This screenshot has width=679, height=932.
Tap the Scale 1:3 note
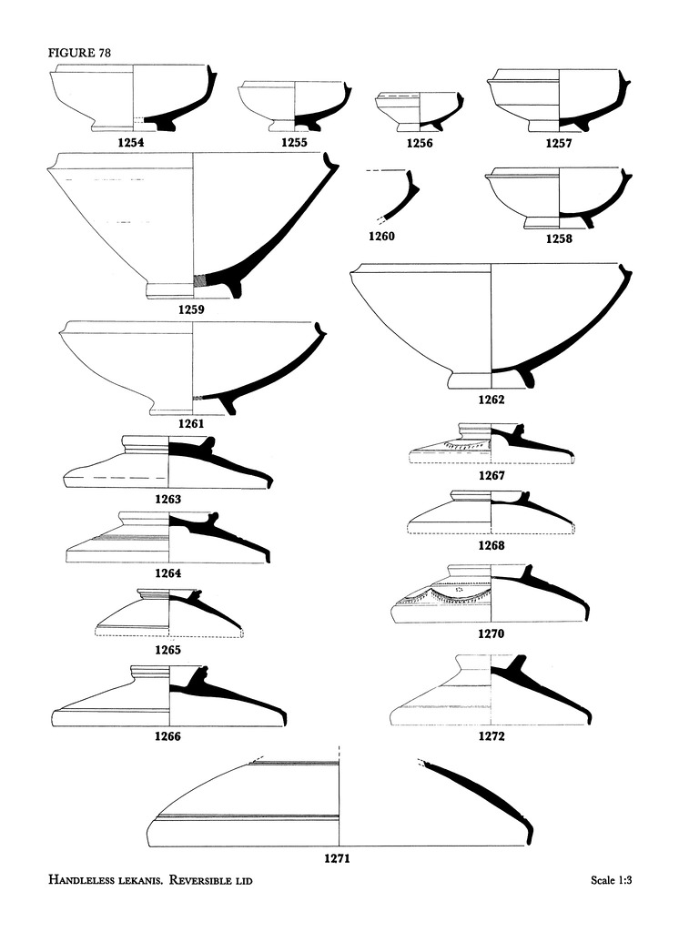click(x=611, y=881)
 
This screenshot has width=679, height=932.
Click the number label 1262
click(x=491, y=400)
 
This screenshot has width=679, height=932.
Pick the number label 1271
click(x=337, y=857)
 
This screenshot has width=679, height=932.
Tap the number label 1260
click(x=382, y=237)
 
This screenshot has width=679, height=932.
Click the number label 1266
click(x=167, y=737)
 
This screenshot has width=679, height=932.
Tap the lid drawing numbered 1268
click(x=491, y=513)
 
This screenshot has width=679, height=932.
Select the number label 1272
click(x=491, y=736)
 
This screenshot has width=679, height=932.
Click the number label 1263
click(x=167, y=499)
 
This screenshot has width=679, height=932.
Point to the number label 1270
click(x=491, y=633)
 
